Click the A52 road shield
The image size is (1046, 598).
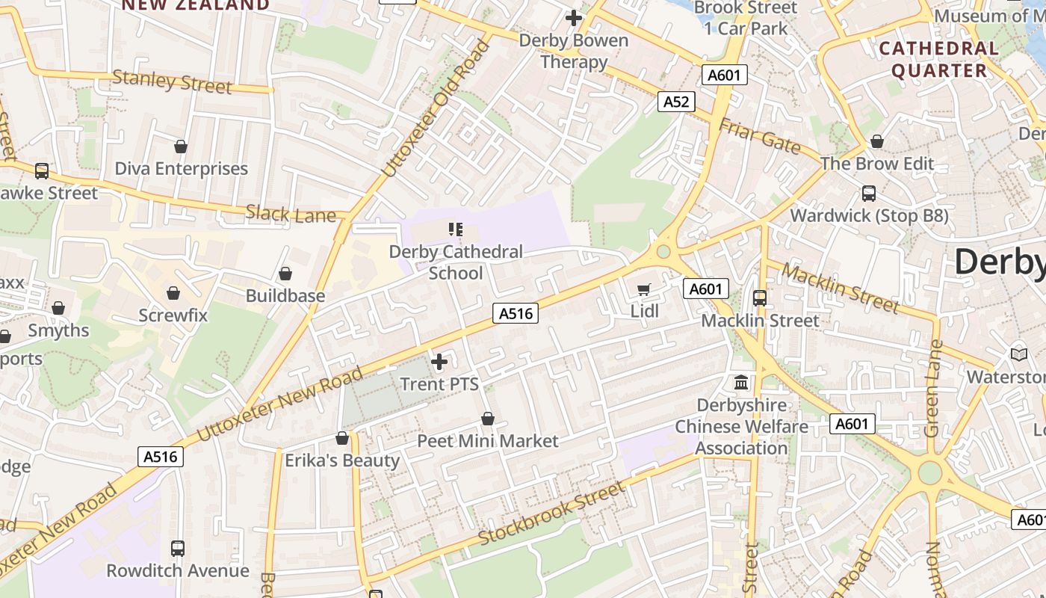click(x=676, y=102)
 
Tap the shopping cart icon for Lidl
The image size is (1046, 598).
click(x=644, y=289)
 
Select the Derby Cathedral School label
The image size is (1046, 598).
click(x=456, y=262)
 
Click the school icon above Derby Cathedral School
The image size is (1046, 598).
click(x=456, y=229)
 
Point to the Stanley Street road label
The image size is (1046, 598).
click(x=172, y=81)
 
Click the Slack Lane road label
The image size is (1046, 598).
click(x=291, y=214)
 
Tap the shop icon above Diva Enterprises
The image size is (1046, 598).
click(x=180, y=147)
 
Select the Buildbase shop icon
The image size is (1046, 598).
click(x=285, y=274)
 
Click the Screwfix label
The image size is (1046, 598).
click(x=173, y=315)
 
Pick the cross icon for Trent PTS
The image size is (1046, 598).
click(x=439, y=363)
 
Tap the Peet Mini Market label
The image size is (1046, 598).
click(x=487, y=441)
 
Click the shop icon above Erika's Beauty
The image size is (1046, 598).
click(x=342, y=438)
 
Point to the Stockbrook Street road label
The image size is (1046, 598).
click(x=551, y=514)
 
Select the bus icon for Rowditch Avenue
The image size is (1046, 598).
click(x=178, y=549)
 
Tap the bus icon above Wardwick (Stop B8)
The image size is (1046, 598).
click(x=869, y=194)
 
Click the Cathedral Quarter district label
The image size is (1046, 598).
click(x=938, y=60)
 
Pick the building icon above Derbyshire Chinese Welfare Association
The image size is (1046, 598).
click(x=741, y=383)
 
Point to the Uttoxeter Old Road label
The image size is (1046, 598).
click(x=436, y=109)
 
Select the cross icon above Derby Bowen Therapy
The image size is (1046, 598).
click(x=574, y=17)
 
